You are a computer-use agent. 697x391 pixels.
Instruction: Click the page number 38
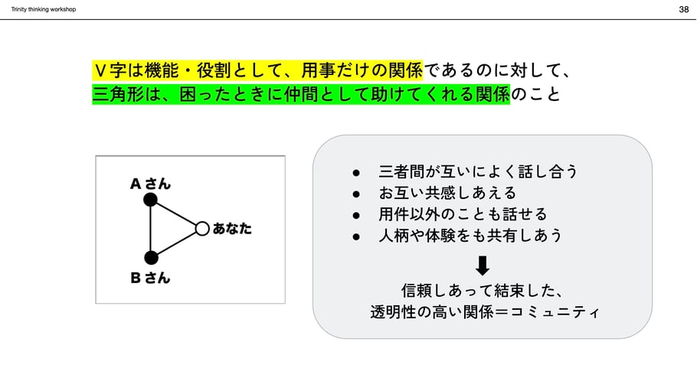coord(683,9)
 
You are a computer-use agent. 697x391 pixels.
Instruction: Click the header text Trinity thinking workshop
coord(44,9)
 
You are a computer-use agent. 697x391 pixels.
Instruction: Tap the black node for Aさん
coord(150,200)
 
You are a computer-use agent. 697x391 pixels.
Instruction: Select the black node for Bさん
coord(151,257)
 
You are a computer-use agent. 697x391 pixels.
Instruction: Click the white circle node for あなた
coord(202,228)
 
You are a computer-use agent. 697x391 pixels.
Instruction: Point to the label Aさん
coord(150,184)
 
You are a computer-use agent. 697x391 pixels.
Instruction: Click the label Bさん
coord(150,278)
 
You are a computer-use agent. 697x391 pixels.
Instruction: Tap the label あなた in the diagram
coord(232,228)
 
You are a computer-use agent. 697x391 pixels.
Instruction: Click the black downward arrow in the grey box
coord(483,266)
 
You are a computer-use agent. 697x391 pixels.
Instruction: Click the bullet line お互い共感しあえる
coord(447,193)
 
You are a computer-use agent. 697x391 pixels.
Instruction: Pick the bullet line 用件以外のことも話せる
coord(463,214)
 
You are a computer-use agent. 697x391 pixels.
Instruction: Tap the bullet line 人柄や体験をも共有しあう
coord(470,236)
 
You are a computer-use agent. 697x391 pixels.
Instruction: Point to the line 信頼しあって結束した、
coord(483,291)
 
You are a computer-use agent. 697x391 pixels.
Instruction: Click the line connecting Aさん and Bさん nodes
coord(150,228)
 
